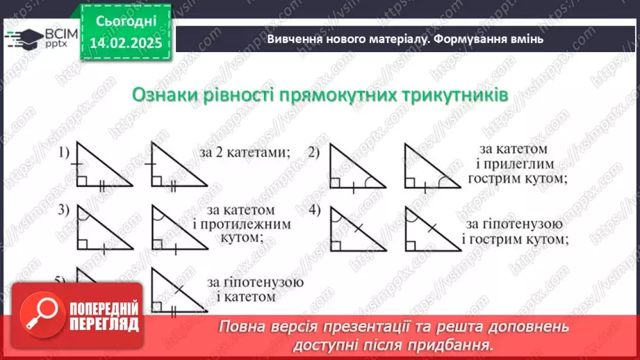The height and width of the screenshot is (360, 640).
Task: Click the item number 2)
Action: pos(314,152)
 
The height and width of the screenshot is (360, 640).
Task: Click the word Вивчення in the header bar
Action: pos(294,40)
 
